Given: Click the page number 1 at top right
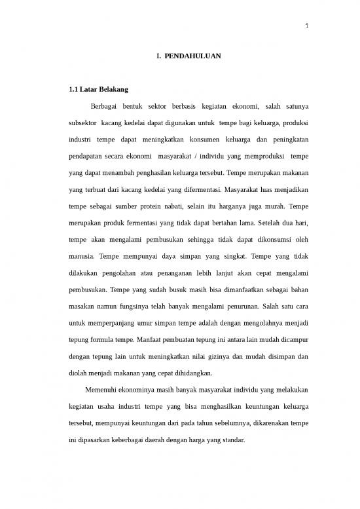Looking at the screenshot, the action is (307, 28).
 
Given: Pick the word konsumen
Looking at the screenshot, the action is (207, 140).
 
